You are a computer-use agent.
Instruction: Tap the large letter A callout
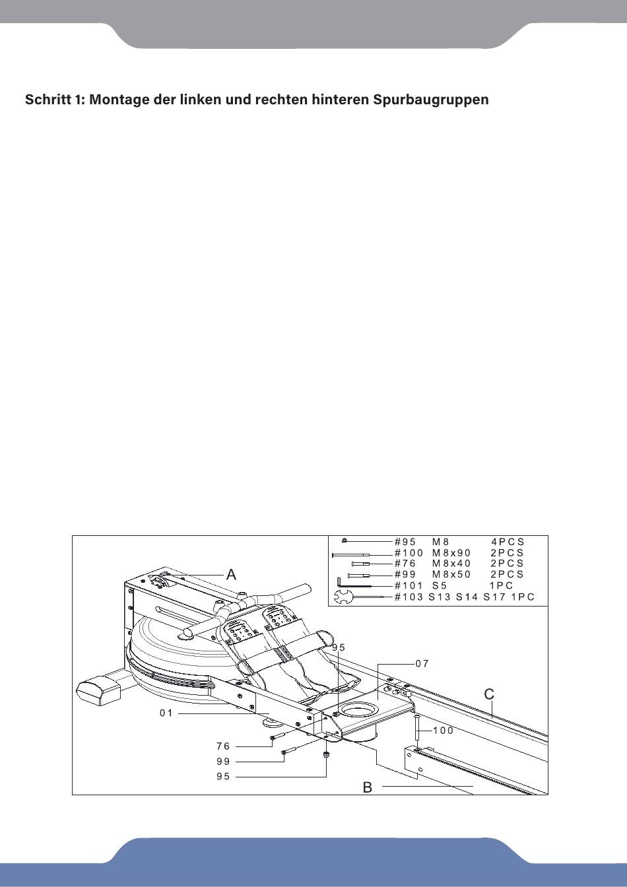[231, 574]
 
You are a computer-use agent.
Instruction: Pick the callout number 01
[166, 713]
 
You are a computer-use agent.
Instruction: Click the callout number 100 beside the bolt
[444, 731]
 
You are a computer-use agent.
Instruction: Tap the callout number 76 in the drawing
[223, 746]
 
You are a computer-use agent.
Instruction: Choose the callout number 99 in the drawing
[223, 761]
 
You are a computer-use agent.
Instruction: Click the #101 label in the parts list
[409, 585]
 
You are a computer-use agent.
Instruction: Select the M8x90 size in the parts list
[451, 553]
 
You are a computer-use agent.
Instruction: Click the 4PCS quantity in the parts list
[508, 542]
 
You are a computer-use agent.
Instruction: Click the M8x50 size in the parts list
[451, 574]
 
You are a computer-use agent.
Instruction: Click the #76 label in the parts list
[405, 564]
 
